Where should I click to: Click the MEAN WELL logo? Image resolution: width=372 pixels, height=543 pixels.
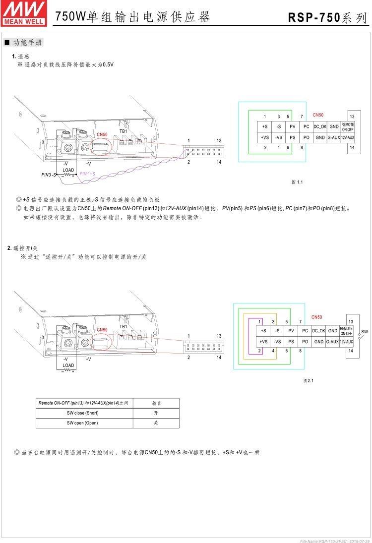pos(24,13)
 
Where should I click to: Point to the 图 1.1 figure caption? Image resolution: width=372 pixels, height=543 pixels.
pos(297,182)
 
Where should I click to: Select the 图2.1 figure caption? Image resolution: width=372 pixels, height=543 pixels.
pos(309,380)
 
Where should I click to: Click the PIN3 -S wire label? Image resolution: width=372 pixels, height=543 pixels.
pos(49,175)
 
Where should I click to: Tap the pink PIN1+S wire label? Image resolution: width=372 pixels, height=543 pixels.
pos(87,174)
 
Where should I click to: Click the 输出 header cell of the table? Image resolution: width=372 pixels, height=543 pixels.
pos(157,403)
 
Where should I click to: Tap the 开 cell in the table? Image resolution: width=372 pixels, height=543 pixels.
pos(157,413)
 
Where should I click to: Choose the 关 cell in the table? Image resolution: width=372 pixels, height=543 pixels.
pos(157,423)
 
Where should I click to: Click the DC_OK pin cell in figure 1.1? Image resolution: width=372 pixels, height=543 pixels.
pos(320,126)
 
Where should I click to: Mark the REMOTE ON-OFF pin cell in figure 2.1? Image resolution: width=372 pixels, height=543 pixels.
pos(346,331)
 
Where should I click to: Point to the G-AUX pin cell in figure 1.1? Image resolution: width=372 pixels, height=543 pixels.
pos(334,137)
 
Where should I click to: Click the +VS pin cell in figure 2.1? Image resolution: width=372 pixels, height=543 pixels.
pos(264,342)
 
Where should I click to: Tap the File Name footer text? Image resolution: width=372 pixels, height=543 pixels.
pos(335,540)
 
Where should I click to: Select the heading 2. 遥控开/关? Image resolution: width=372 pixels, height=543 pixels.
pos(23,248)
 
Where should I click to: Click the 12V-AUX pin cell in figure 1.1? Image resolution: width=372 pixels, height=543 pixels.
pos(348,137)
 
